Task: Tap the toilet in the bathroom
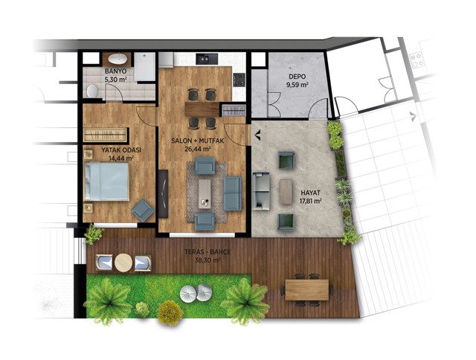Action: tap(92, 91)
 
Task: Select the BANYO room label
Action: tap(116, 71)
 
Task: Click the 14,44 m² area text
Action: tap(121, 158)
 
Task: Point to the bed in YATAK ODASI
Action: tap(106, 181)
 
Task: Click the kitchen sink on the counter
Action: tap(207, 59)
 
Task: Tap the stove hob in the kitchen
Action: tap(239, 80)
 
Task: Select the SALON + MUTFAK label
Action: tap(197, 141)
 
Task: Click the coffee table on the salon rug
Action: tap(205, 193)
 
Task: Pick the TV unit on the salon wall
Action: tap(163, 193)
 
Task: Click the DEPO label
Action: tap(297, 77)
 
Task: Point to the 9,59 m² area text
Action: tap(297, 85)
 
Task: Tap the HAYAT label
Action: tap(311, 193)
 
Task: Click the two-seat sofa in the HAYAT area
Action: tap(261, 191)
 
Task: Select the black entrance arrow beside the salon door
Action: tap(258, 135)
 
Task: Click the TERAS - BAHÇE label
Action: tap(208, 252)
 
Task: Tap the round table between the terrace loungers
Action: tap(123, 263)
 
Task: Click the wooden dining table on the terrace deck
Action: tap(307, 289)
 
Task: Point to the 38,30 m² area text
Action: tap(208, 260)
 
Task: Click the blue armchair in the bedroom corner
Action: tap(143, 210)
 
